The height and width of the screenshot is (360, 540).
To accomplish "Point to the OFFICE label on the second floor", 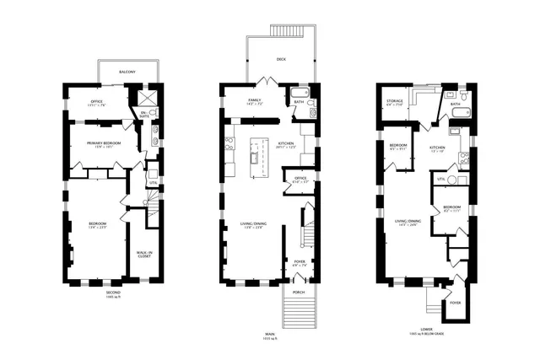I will (x=96, y=101).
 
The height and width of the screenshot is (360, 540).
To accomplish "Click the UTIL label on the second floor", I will (x=153, y=182).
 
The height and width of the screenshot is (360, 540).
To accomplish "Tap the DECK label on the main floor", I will (x=281, y=59).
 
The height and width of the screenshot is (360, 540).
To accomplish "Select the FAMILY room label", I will (x=254, y=100).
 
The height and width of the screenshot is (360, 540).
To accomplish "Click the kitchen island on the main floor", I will (x=253, y=155).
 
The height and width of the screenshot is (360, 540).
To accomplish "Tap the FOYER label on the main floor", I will (x=299, y=261).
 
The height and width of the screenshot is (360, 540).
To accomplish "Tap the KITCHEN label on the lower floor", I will (x=437, y=148).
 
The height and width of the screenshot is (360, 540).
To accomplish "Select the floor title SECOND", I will (x=113, y=293).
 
